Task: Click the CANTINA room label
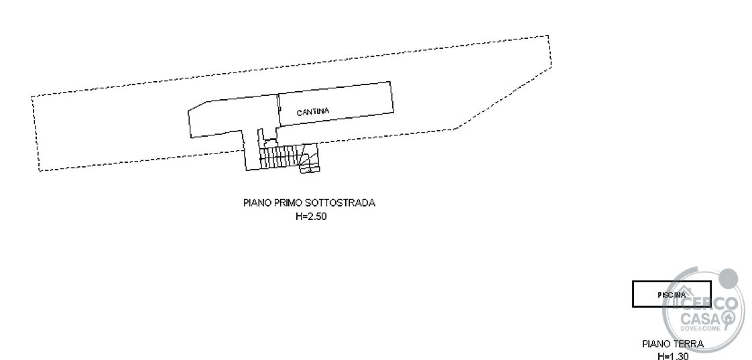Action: (313, 112)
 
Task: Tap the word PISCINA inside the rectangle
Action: (672, 295)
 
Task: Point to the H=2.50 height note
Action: (311, 217)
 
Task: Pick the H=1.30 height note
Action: (672, 356)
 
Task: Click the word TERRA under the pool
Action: (689, 344)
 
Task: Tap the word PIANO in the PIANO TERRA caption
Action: (657, 344)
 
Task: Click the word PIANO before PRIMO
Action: (257, 202)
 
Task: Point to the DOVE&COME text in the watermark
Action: (700, 328)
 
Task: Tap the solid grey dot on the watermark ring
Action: (729, 278)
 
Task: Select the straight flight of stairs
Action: (279, 158)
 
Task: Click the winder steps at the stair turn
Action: (310, 158)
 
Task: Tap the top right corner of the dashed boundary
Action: (548, 36)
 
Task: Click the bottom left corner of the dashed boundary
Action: (40, 171)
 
